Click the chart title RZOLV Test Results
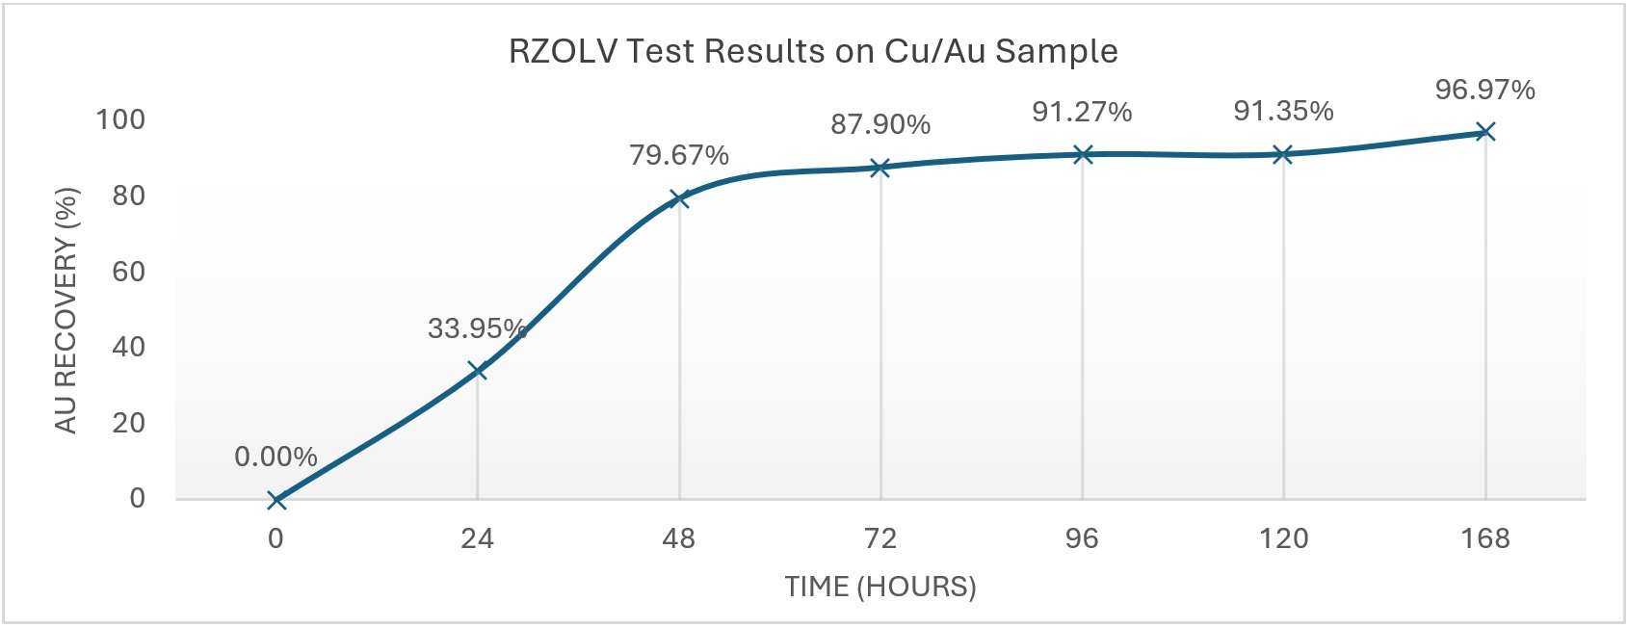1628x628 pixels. point(813,51)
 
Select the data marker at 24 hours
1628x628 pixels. point(477,371)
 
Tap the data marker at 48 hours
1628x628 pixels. point(679,198)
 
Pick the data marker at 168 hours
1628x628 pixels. point(1485,131)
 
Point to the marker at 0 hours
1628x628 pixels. point(276,499)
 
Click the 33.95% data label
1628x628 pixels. point(477,328)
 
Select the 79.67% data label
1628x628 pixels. point(679,155)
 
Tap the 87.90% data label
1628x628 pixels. point(880,124)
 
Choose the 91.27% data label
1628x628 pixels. point(1082,112)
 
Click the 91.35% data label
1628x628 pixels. point(1283,111)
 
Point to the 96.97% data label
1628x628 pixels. point(1484,90)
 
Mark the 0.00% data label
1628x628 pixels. point(276,457)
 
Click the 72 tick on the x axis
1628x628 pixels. point(880,538)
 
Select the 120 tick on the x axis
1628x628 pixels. point(1283,538)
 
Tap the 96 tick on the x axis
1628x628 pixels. point(1082,538)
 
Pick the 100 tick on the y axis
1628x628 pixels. point(120,119)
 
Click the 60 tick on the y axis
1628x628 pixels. point(128,271)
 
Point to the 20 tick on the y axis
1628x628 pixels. point(128,422)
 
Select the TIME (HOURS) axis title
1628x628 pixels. point(880,586)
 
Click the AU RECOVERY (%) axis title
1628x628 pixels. point(66,310)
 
